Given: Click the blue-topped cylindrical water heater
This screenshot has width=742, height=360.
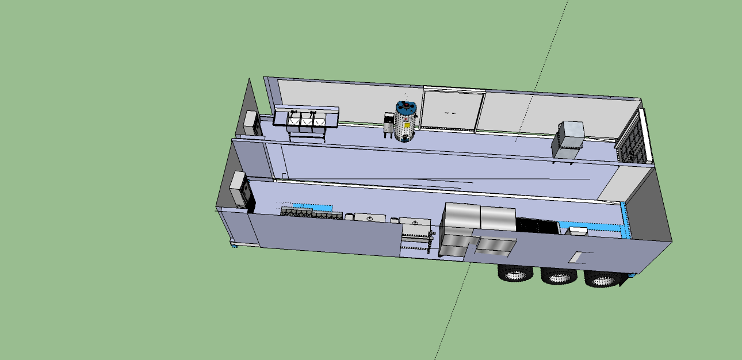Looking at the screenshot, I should tap(406, 122).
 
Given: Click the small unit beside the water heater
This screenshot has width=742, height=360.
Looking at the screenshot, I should tap(389, 125).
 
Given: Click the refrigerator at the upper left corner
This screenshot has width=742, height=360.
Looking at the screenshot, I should tap(252, 122).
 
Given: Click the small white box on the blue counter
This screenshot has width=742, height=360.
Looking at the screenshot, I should tap(577, 231).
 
